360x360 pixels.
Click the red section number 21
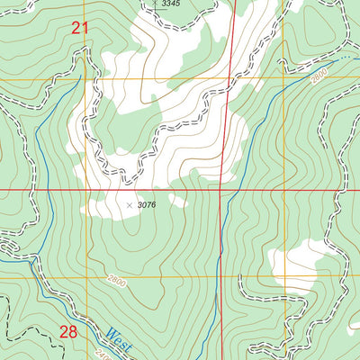81,29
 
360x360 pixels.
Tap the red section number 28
68,331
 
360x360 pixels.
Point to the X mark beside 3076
129,205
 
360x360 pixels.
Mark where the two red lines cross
222,190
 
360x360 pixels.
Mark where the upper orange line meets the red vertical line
226,80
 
